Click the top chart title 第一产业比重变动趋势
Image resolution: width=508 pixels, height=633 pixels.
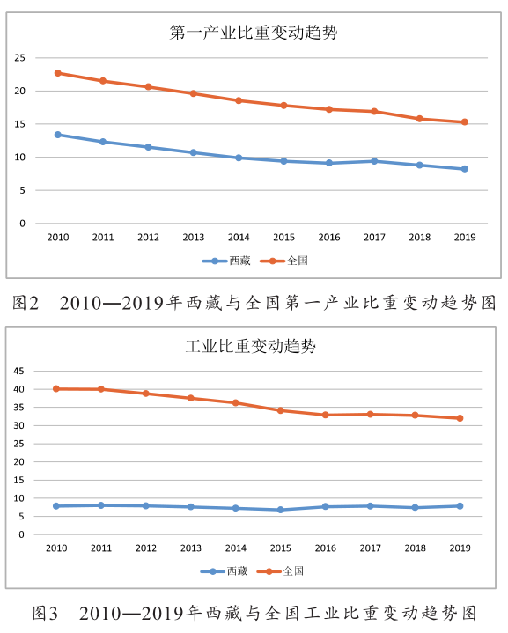pos(254,33)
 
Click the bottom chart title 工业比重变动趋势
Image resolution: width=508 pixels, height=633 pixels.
pos(251,346)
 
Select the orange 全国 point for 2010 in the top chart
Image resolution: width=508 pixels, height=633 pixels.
pos(58,73)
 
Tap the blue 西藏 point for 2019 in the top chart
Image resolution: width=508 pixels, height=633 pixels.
pos(465,169)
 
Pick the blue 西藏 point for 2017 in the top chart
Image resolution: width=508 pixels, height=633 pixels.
pos(374,161)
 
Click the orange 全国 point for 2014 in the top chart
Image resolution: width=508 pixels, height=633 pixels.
pos(239,100)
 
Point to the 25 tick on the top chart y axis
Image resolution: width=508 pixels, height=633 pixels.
pos(19,58)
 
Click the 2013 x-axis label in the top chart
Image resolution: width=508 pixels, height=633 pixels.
pos(194,238)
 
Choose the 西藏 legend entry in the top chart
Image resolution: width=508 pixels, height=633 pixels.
pos(226,261)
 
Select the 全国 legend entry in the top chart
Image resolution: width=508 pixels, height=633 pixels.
pos(283,261)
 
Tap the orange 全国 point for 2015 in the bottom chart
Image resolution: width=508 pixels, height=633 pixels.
pos(281,410)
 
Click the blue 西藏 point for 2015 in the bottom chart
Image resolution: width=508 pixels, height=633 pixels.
pos(281,510)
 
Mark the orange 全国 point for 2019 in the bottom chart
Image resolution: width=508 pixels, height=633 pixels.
pos(460,418)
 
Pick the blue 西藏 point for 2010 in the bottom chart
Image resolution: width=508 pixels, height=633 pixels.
pos(56,506)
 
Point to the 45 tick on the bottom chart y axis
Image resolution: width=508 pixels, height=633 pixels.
pos(19,371)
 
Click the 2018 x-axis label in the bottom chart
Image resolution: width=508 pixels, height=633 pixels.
pos(416,548)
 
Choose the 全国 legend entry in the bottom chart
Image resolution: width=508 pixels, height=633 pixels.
pos(280,571)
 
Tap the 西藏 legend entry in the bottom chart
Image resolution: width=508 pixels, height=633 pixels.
pos(225,571)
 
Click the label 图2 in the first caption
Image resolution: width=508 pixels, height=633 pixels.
pos(26,303)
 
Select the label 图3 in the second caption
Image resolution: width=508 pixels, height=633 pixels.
pos(45,614)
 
